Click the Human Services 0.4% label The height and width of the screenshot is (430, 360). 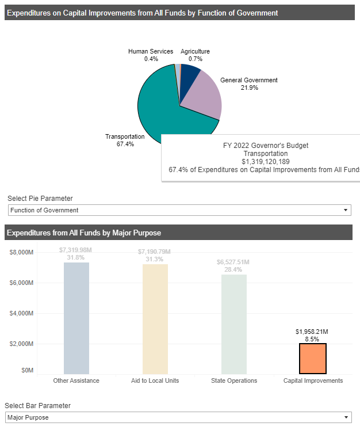151,55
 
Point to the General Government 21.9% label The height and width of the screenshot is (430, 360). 249,84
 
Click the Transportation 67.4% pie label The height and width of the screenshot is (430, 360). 125,140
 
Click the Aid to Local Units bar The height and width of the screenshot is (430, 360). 155,319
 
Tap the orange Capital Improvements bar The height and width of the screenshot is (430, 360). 312,359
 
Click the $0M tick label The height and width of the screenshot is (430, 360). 27,371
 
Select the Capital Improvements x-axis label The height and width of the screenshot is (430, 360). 313,380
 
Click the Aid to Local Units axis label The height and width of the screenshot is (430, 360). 155,380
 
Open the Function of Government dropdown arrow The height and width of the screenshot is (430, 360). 345,210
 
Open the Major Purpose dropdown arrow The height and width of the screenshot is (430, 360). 345,417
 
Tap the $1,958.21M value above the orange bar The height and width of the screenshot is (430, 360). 312,332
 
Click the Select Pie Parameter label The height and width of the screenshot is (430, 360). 40,199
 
